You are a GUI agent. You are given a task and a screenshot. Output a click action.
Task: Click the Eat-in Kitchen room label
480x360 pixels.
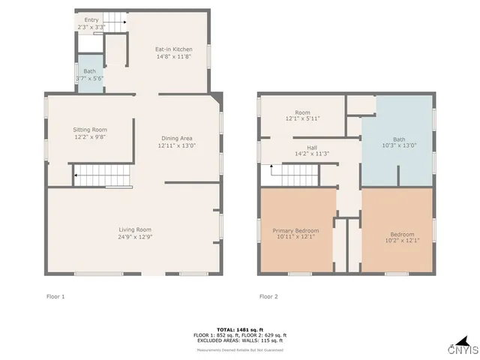click(x=173, y=49)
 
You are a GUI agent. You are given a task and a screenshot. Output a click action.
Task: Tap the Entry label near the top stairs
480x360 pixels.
click(x=91, y=19)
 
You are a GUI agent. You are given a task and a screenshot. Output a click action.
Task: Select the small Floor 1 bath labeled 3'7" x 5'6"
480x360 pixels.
click(x=90, y=75)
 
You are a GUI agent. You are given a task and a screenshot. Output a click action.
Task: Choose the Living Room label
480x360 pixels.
click(x=135, y=229)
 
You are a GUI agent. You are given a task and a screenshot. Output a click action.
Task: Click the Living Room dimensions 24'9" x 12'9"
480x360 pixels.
click(x=135, y=237)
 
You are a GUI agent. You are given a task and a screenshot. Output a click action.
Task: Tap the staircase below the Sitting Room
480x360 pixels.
click(x=102, y=176)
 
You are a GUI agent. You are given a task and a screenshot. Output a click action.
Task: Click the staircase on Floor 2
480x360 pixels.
click(x=295, y=175)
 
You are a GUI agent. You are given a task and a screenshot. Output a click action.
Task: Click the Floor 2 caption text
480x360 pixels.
click(x=268, y=296)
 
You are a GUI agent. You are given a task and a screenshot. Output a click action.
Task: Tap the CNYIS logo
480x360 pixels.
click(x=462, y=349)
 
